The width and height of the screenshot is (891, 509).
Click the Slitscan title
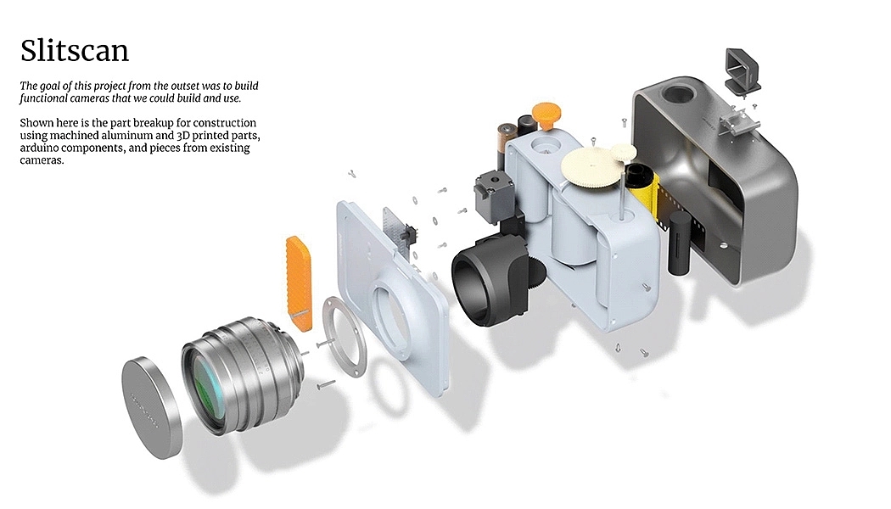[x=75, y=51]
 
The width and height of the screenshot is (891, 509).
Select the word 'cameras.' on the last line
[x=42, y=160]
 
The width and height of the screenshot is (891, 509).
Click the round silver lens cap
[x=151, y=407]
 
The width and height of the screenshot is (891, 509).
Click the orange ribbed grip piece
[x=299, y=282]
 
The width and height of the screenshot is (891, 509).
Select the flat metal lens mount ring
[x=345, y=334]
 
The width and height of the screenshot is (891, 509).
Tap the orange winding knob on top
[x=546, y=115]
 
